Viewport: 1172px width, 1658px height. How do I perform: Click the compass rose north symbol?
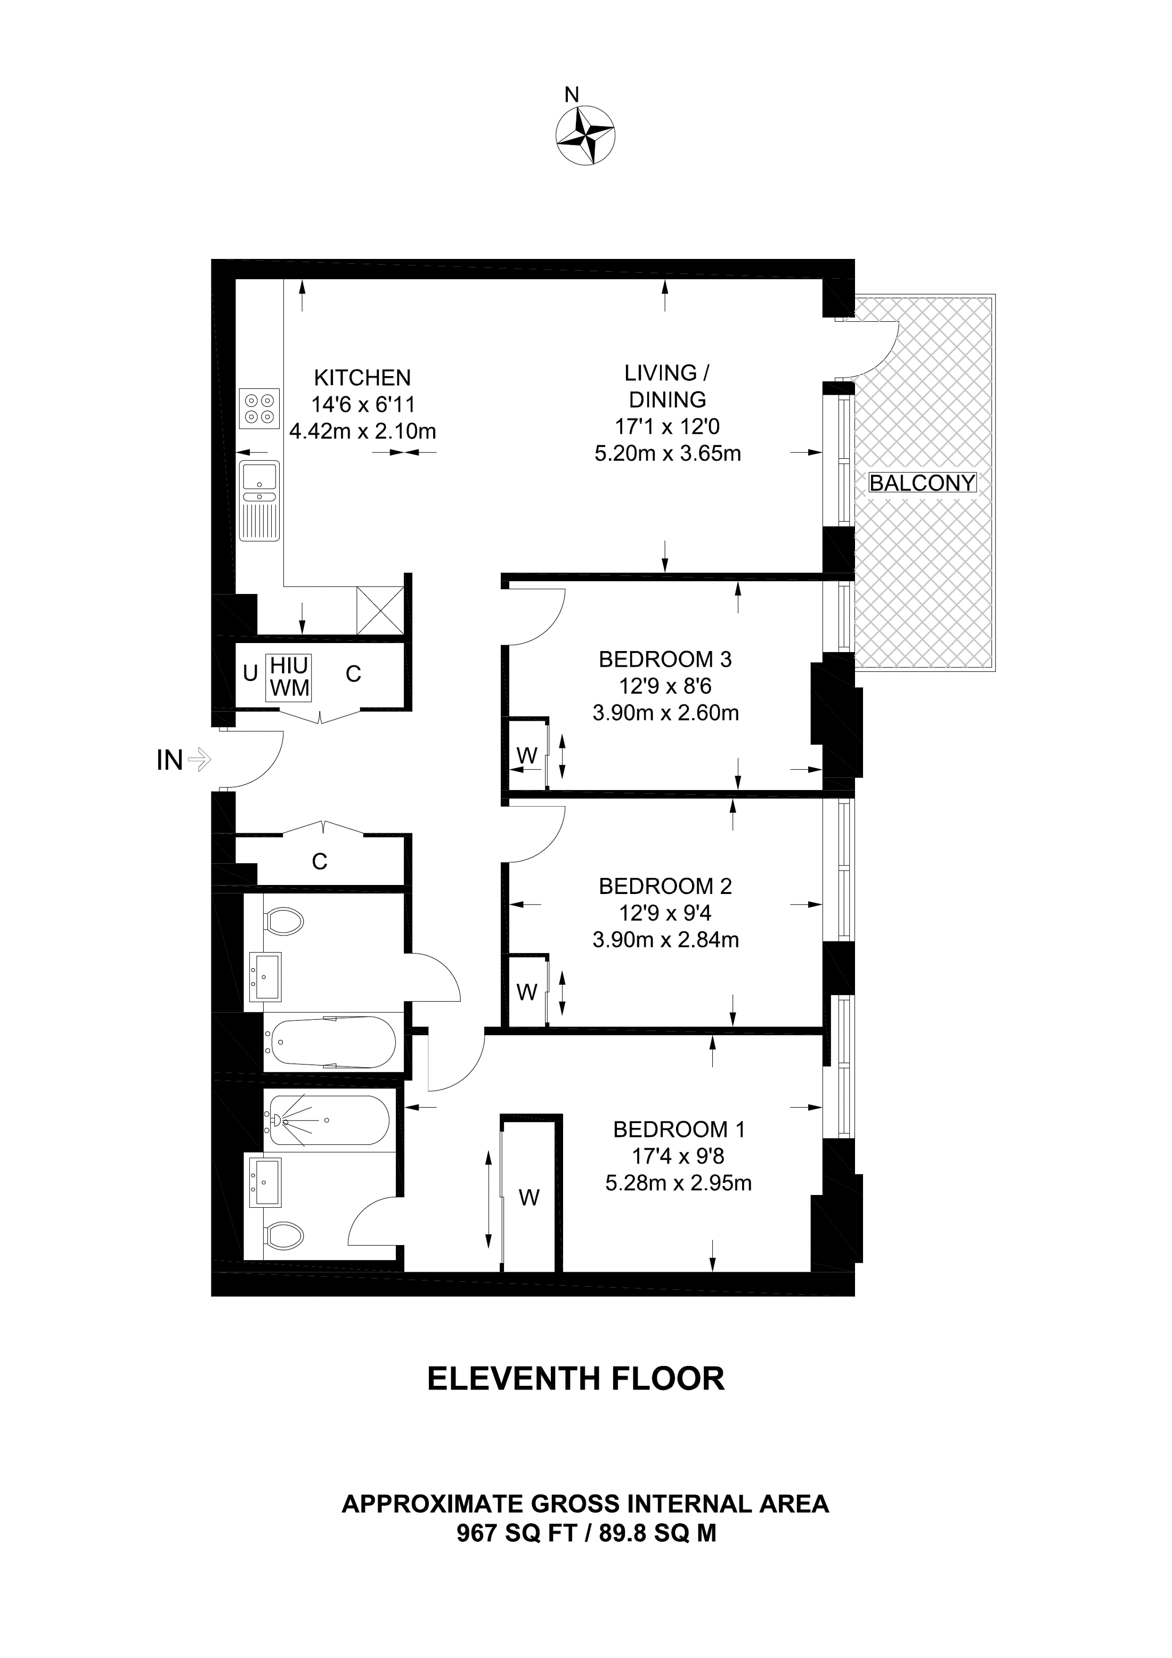(x=585, y=135)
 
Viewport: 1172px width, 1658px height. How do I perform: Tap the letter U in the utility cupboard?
(x=250, y=674)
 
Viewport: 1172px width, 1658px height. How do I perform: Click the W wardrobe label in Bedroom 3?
(x=527, y=755)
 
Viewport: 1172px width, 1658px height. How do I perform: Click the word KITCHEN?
(x=362, y=378)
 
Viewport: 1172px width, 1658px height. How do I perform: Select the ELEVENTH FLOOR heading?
(x=575, y=1378)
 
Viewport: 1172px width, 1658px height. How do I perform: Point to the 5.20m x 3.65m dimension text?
(x=668, y=453)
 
